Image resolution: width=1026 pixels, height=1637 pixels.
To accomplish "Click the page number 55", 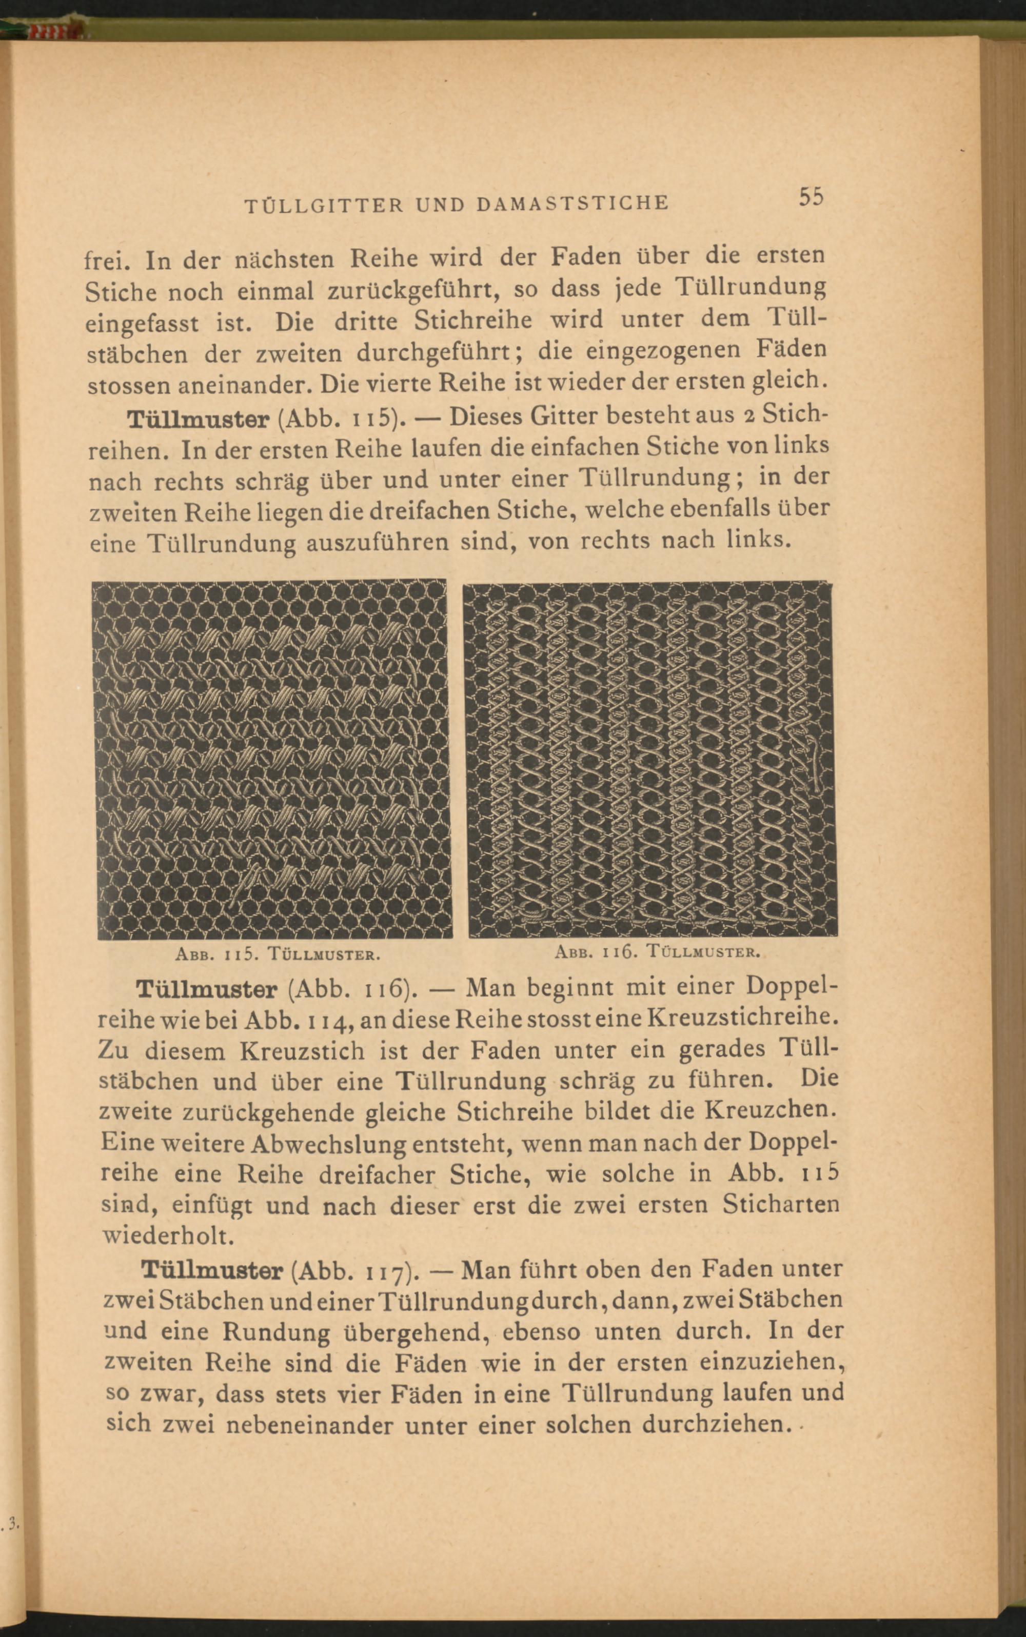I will pyautogui.click(x=811, y=197).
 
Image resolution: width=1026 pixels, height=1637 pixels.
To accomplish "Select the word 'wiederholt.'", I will pyautogui.click(x=168, y=1235).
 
